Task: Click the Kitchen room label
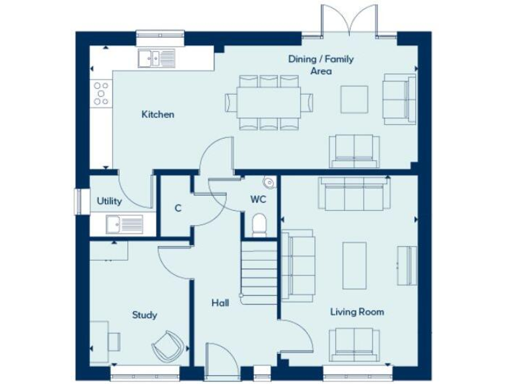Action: pos(158,114)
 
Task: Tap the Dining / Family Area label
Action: pos(321,65)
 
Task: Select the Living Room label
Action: pos(357,311)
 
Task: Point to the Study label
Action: pos(144,315)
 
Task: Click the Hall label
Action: pos(220,303)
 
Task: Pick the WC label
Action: pos(258,199)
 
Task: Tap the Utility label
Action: pos(109,201)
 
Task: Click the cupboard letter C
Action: pos(178,208)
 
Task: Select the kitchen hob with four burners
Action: pos(101,93)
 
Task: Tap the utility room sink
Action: pos(124,225)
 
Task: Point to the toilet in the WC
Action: pos(259,224)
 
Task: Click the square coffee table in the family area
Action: pos(354,99)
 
